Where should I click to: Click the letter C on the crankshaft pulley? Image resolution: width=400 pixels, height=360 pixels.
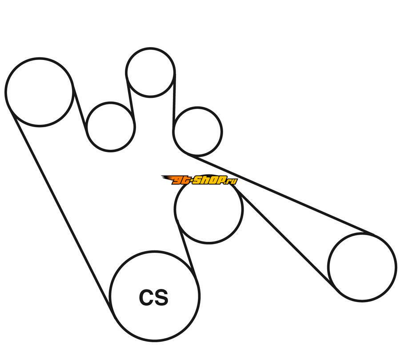tap(147, 298)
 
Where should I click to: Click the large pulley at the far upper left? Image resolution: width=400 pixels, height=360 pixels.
tap(39, 92)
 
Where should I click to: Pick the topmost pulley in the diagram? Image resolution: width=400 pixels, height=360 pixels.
tap(150, 72)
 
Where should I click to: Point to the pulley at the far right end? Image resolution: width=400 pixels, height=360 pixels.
tap(362, 267)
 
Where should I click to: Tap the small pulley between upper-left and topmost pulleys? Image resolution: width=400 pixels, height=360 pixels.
tap(110, 127)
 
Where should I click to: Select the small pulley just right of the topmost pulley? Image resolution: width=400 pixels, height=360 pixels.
tap(197, 131)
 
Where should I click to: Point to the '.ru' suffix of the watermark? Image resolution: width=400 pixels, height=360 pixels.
tap(232, 180)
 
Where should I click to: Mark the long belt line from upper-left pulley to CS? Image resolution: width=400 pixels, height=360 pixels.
tap(60, 209)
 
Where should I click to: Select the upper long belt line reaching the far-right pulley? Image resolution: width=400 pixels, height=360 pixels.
tap(284, 195)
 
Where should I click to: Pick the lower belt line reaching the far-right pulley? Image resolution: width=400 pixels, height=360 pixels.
tap(284, 236)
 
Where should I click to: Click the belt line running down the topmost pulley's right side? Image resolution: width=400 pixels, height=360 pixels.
tap(174, 102)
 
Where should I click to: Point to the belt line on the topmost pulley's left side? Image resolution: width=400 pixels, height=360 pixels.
tap(130, 96)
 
